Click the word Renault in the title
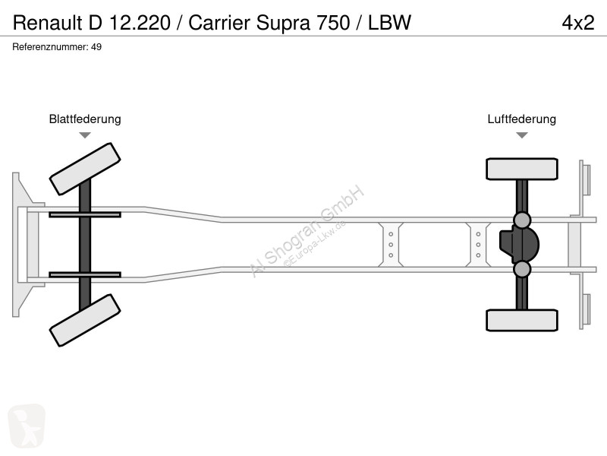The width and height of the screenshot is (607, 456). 48,23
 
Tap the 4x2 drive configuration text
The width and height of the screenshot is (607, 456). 578,23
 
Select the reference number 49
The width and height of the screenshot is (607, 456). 96,47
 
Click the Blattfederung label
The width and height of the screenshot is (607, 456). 85,119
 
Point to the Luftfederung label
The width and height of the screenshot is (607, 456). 521,119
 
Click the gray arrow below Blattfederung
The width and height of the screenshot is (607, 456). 85,135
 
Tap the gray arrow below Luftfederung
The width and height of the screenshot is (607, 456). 522,135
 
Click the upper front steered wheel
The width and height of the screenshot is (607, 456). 85,169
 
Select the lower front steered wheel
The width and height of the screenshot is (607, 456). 85,320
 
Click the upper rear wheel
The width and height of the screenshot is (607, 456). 522,169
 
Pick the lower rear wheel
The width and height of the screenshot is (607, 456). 522,320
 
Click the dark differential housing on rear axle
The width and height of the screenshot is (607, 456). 519,245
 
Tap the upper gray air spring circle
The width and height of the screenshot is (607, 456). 522,220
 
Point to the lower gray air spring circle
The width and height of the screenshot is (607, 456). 522,269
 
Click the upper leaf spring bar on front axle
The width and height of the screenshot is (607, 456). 85,214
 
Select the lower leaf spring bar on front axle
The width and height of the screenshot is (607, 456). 85,275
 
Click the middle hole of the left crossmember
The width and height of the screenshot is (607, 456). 391,245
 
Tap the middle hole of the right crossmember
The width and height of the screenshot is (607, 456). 479,245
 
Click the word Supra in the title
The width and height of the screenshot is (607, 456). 283,24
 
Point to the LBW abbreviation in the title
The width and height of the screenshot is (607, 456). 389,23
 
